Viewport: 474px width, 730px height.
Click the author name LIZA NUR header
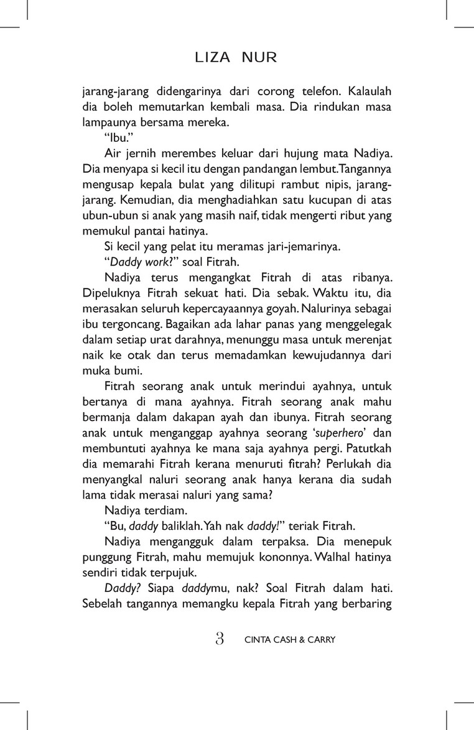236,58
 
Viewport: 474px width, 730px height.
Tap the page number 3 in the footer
219,639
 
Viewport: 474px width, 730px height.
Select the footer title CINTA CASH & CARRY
290,640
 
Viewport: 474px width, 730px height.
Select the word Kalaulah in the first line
369,91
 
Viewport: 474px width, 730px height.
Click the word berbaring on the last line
368,602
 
